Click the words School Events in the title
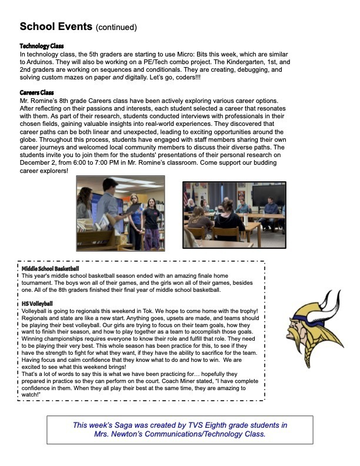56,27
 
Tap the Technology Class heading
42,46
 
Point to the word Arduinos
42,61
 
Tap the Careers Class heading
38,93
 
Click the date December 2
39,162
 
